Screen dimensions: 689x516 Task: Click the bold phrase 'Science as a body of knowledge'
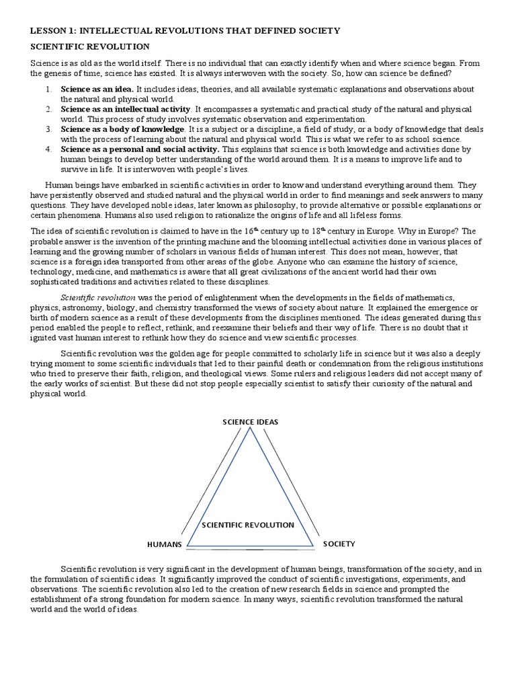(122, 129)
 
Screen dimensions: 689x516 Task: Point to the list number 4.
(48, 149)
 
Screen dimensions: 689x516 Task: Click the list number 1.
(48, 89)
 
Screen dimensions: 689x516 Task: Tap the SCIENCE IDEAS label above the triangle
(250, 422)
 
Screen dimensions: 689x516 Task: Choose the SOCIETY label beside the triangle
(339, 543)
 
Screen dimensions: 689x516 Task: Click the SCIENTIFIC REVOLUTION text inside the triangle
(247, 524)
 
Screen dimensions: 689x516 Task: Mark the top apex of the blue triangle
(251, 429)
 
